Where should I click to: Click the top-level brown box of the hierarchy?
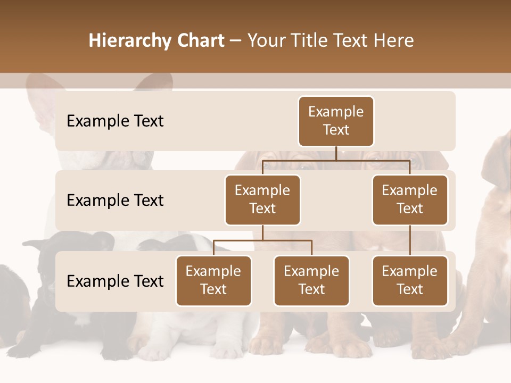(x=336, y=121)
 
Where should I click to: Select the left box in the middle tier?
(x=262, y=199)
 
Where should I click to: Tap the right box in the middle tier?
(x=410, y=199)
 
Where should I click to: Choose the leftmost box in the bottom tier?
(x=213, y=280)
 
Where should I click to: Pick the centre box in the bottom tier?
(x=311, y=280)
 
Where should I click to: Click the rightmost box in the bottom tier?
(x=410, y=280)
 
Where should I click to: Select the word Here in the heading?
(x=394, y=40)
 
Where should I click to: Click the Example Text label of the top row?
(x=115, y=121)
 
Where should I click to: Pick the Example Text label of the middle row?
(x=115, y=201)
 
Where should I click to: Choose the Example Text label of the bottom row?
(x=115, y=281)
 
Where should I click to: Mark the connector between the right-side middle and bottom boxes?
(x=410, y=240)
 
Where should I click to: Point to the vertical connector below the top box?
(x=336, y=153)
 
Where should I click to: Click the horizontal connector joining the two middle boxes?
(x=336, y=160)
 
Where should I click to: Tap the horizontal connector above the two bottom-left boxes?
(x=262, y=240)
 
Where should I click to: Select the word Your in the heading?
(x=266, y=40)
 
